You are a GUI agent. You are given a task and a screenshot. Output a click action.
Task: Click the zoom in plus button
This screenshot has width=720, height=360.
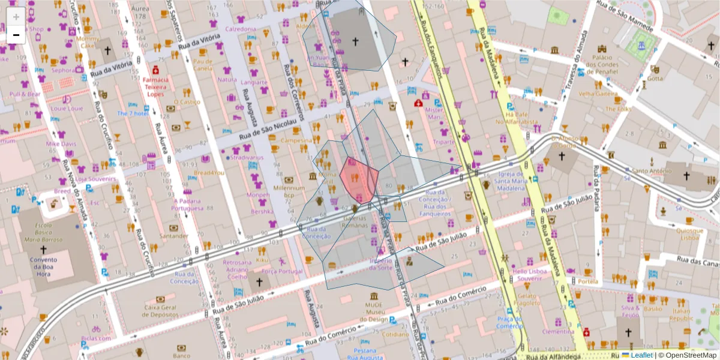pos(16,16)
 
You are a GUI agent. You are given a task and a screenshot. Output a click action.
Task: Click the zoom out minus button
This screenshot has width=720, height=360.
pos(16,35)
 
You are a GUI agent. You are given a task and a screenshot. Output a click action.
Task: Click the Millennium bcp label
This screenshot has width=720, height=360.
pos(289,191)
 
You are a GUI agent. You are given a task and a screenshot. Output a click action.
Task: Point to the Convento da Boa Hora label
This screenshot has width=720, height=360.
pos(43,264)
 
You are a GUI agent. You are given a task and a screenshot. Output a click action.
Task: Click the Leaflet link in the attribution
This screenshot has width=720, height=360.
pos(641,355)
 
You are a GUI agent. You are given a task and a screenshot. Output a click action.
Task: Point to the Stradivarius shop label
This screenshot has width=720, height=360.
pos(247,158)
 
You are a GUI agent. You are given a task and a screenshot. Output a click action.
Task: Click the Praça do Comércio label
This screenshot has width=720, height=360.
pos(510,322)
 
